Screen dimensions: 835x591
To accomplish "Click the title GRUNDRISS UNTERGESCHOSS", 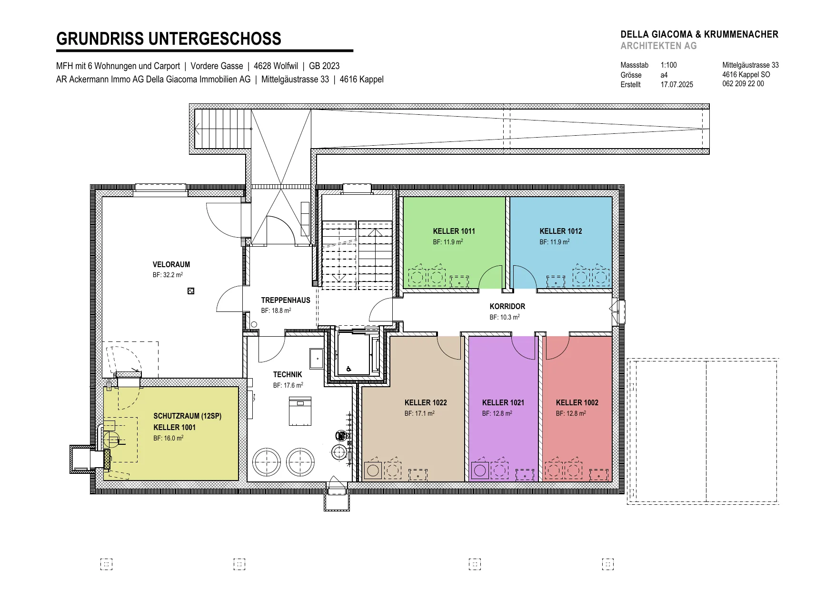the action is point(169,39).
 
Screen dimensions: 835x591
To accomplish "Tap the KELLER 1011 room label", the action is point(454,231).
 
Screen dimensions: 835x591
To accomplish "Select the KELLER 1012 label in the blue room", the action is point(561,231).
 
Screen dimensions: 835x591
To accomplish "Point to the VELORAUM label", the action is point(171,264).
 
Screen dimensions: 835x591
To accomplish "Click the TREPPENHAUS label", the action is point(286,300).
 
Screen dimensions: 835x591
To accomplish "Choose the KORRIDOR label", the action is point(507,306).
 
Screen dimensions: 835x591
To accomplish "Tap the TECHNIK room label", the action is point(288,374).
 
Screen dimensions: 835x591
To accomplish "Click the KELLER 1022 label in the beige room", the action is point(426,402).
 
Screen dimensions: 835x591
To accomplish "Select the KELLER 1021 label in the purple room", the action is point(503,402).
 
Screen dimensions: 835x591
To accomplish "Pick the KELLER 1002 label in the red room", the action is point(577,402).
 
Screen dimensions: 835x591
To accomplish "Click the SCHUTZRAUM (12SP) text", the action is point(188,416).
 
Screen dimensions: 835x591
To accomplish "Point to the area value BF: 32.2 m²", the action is point(168,275).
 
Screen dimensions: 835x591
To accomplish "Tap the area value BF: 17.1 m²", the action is point(419,413).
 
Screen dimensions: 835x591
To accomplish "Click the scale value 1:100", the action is point(668,65).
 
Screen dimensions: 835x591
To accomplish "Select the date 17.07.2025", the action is point(676,84).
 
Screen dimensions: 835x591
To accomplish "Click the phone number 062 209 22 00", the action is point(743,84).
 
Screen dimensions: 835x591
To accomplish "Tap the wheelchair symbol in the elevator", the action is point(349,369).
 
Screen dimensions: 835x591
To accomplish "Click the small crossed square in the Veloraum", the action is point(191,291).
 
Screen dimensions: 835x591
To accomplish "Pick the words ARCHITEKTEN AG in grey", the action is point(658,46).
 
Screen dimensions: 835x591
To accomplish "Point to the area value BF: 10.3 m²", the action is point(505,317).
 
